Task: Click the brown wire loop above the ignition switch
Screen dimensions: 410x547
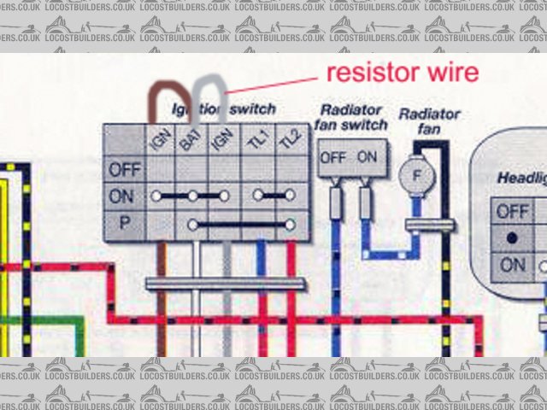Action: click(x=162, y=92)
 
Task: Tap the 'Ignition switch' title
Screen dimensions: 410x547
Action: click(x=224, y=109)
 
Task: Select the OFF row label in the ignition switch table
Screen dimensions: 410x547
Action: click(x=125, y=169)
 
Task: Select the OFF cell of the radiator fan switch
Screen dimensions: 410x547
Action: click(x=333, y=158)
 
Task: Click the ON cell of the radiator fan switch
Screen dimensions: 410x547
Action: click(x=366, y=158)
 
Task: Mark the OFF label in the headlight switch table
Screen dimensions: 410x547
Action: click(x=513, y=209)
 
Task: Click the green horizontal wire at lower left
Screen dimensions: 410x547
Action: click(x=43, y=319)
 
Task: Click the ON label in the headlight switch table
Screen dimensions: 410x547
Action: click(x=513, y=265)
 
